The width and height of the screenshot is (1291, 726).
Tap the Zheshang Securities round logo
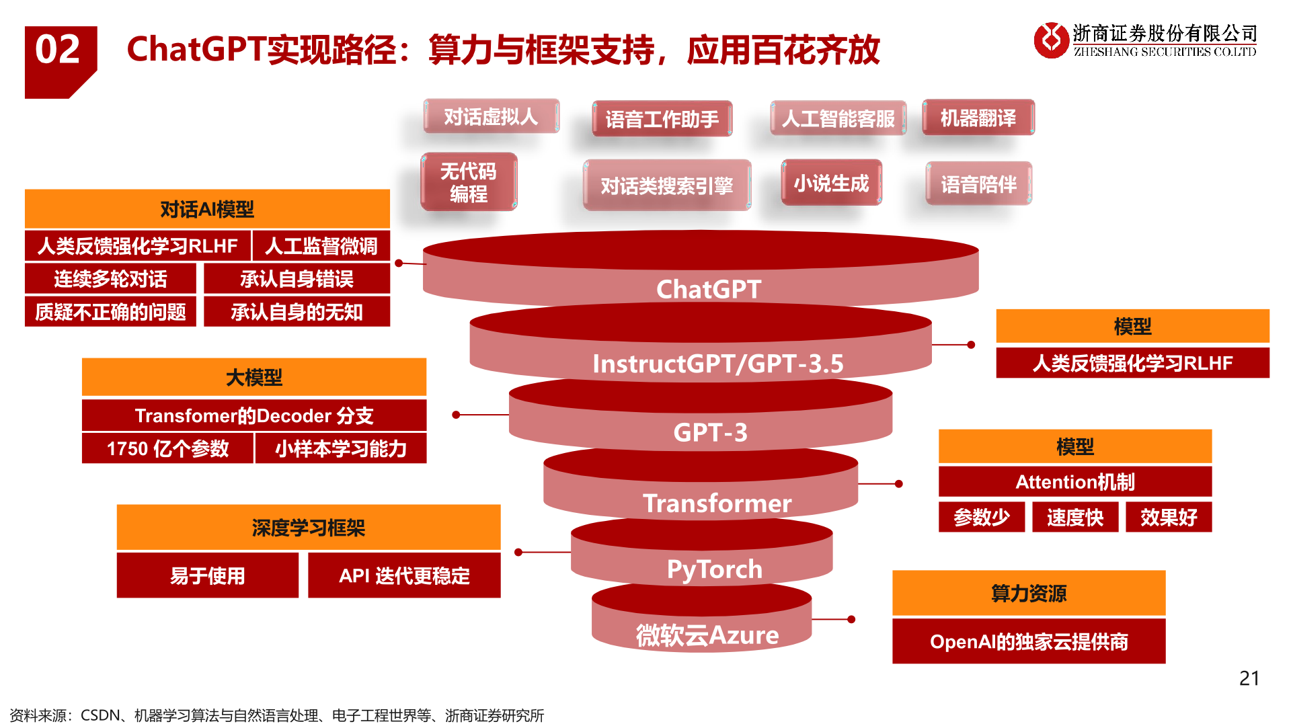1050,40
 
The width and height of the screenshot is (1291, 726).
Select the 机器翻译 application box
978,118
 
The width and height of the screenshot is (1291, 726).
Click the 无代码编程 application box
469,182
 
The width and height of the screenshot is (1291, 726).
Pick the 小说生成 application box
831,183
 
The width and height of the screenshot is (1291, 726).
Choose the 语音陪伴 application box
978,184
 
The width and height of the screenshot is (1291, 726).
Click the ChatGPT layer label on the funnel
709,289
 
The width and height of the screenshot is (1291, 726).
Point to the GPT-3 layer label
710,432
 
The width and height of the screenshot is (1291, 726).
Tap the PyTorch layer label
714,569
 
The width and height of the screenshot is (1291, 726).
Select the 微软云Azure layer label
707,635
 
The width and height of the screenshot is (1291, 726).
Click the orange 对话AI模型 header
207,209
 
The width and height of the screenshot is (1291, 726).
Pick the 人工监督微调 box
321,246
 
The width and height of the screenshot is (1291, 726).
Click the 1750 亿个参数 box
167,448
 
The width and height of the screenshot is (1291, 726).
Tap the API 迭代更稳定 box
404,575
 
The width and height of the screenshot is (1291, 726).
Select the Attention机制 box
1074,482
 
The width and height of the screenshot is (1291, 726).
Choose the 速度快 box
1074,517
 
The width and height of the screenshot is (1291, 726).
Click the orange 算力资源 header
1028,593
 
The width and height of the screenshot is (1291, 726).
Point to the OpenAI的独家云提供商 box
1028,641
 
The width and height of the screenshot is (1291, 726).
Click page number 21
1249,678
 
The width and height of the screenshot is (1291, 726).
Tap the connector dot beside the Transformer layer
899,483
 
